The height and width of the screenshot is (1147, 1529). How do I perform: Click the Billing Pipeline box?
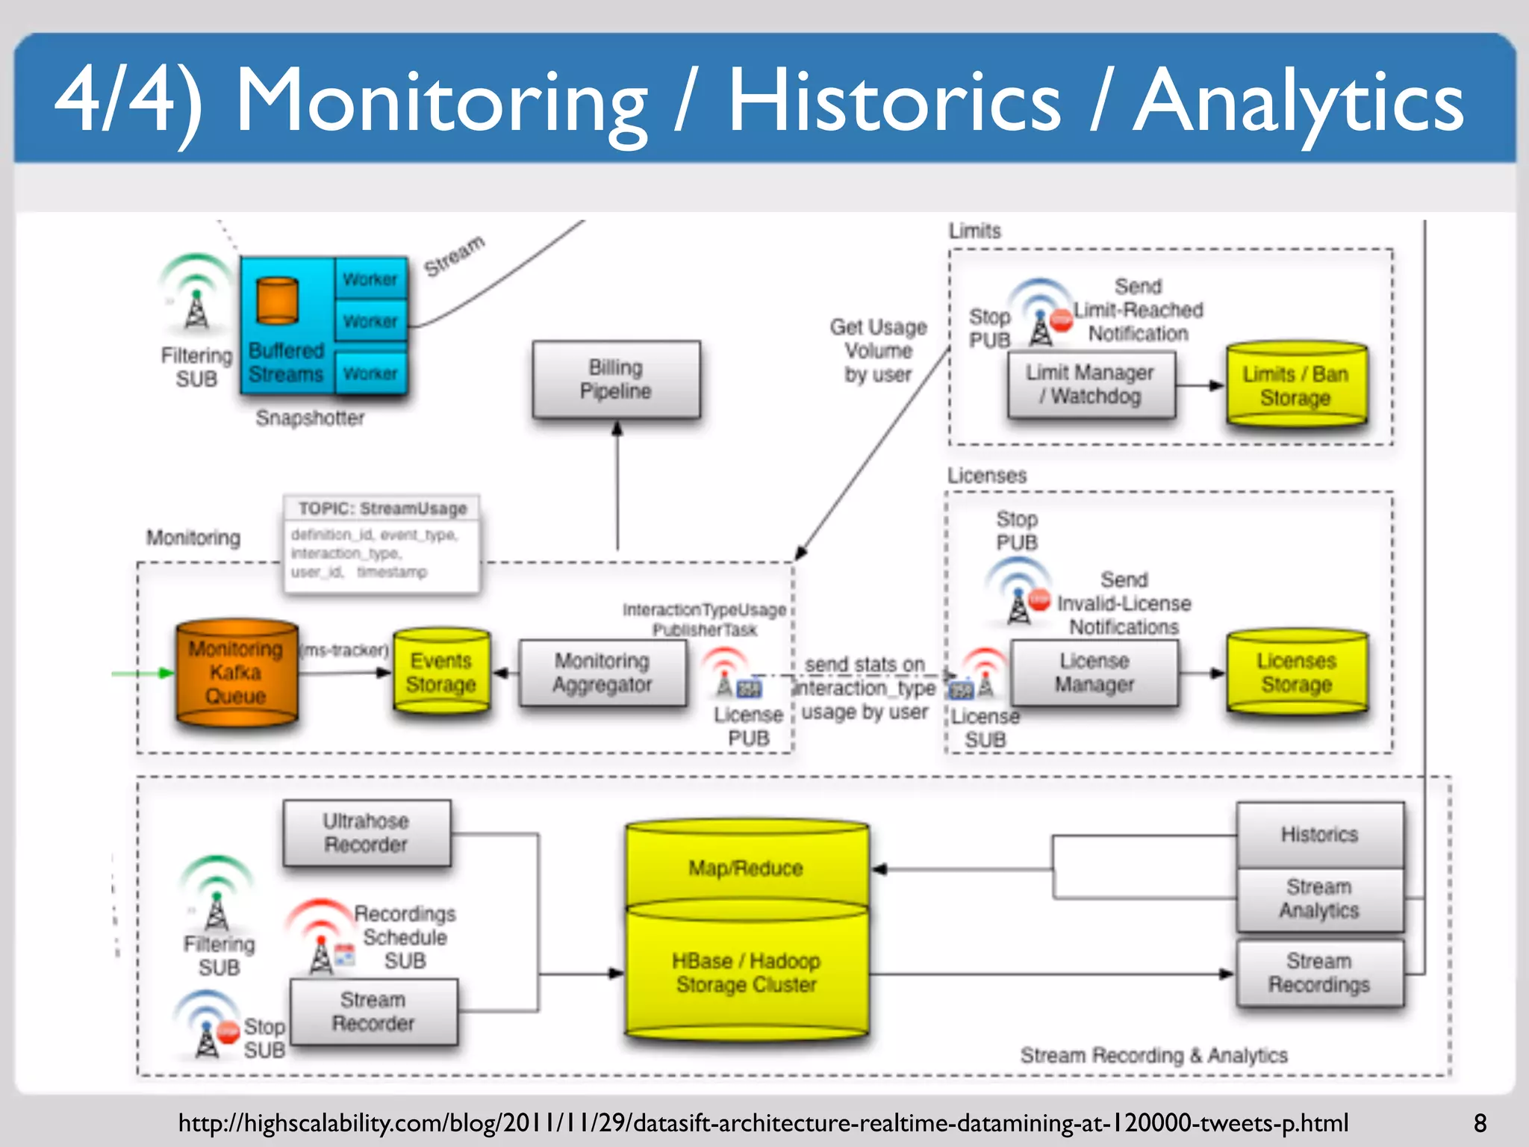coord(616,379)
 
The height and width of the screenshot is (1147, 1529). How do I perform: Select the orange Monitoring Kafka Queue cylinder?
coord(236,672)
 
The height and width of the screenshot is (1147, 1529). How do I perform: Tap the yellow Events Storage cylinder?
coord(441,672)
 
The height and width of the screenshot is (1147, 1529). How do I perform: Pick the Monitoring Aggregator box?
coord(602,673)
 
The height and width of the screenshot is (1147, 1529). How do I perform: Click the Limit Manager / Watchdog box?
coord(1091,385)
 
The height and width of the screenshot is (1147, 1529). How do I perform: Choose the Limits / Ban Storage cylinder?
coord(1296,385)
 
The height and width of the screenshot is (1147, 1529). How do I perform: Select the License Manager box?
coord(1094,673)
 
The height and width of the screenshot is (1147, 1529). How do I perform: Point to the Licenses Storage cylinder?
coord(1297,672)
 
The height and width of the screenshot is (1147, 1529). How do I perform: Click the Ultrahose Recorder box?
coord(366,833)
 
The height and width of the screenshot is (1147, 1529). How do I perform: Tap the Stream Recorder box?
coord(373,1011)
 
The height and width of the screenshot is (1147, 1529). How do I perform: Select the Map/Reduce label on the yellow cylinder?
coord(746,868)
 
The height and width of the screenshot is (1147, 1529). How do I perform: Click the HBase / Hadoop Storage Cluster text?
coord(746,972)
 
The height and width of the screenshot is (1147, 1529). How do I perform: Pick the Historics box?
coord(1319,834)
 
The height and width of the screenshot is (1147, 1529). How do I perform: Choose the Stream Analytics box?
coord(1319,898)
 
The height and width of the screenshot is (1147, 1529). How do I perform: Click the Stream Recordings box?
coord(1319,972)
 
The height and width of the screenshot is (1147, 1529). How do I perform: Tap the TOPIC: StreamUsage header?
coord(382,509)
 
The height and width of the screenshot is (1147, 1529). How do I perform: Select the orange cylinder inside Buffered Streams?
coord(277,301)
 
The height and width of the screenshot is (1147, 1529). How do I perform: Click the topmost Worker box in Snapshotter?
coord(370,279)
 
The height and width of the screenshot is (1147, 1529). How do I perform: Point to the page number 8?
coord(1480,1123)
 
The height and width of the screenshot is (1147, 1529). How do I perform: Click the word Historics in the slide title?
coord(894,101)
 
